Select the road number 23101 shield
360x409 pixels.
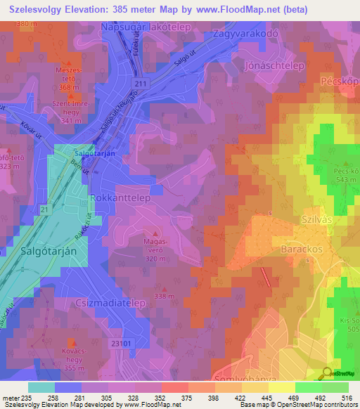point(121,344)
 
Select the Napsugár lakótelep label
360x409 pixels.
point(148,27)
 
